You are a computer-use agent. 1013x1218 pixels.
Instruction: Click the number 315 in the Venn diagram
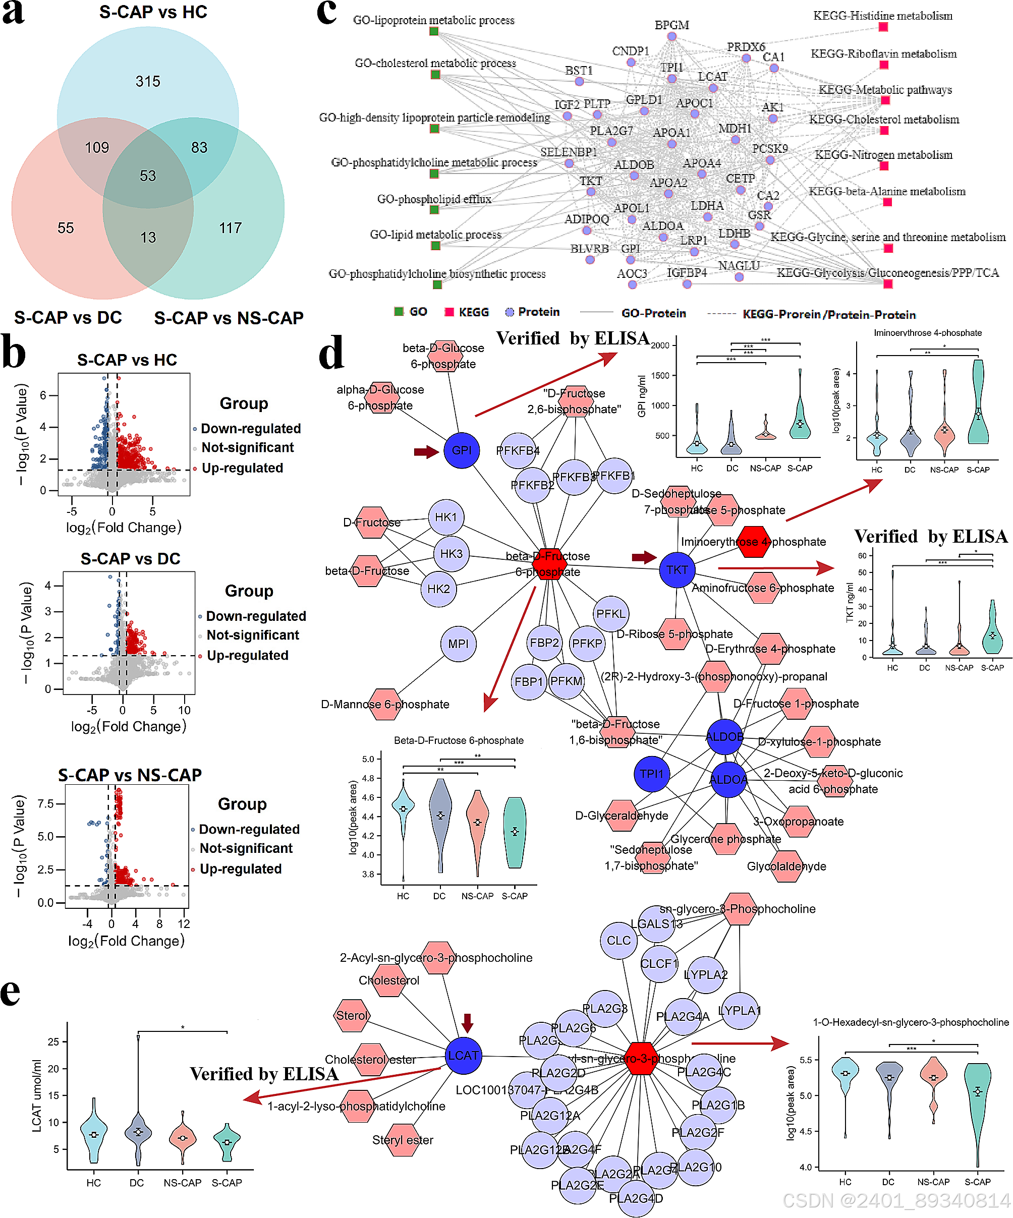point(148,81)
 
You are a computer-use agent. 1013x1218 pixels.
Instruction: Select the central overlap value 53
point(148,176)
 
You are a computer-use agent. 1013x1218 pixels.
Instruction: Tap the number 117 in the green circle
point(231,228)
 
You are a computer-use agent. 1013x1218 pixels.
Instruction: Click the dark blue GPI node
point(461,450)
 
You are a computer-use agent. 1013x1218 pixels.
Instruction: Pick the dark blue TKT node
point(677,569)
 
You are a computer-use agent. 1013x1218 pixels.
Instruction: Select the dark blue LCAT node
point(463,1055)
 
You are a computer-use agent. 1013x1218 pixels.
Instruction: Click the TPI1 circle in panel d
point(652,774)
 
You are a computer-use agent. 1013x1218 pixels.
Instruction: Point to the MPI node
point(459,644)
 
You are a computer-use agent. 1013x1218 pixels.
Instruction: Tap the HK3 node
point(452,553)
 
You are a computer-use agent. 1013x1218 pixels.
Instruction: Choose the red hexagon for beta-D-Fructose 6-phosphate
point(549,564)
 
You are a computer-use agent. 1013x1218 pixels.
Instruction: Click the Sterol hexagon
point(352,1015)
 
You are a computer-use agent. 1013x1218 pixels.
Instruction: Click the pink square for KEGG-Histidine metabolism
point(883,27)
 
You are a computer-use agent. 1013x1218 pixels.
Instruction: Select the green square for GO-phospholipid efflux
point(434,209)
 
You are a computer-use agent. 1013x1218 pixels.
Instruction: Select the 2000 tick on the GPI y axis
point(660,345)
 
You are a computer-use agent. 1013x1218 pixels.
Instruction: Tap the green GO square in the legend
point(399,312)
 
